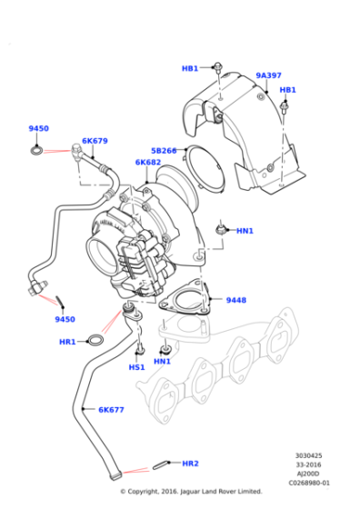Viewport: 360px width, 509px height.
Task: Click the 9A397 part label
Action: pyautogui.click(x=268, y=75)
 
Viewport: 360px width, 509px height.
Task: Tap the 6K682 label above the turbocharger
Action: pyautogui.click(x=148, y=163)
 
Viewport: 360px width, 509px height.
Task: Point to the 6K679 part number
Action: pyautogui.click(x=95, y=141)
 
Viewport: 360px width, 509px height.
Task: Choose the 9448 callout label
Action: pyautogui.click(x=236, y=300)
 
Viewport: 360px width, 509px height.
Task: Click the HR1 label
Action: pyautogui.click(x=67, y=341)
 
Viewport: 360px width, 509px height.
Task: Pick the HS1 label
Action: pyautogui.click(x=136, y=367)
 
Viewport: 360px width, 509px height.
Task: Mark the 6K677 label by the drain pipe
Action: pyautogui.click(x=111, y=410)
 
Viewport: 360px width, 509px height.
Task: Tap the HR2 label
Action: pyautogui.click(x=190, y=464)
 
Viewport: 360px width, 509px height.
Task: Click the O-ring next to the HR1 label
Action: pyautogui.click(x=95, y=342)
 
